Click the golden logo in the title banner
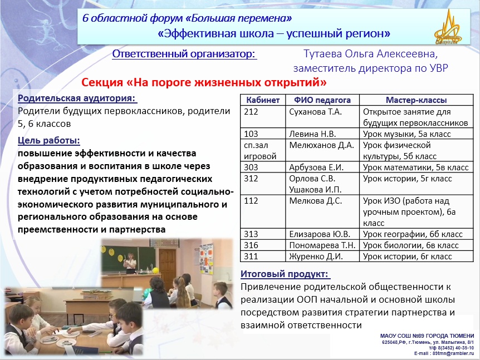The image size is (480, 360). (448, 27)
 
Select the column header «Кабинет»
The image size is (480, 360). (263, 100)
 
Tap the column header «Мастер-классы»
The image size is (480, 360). (416, 100)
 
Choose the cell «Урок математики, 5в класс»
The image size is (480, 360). (416, 167)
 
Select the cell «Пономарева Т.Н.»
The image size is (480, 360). (322, 245)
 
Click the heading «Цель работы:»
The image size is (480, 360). (48, 140)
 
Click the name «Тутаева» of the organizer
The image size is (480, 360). (322, 54)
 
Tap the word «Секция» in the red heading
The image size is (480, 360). (102, 82)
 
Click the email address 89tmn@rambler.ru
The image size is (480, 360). (453, 353)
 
